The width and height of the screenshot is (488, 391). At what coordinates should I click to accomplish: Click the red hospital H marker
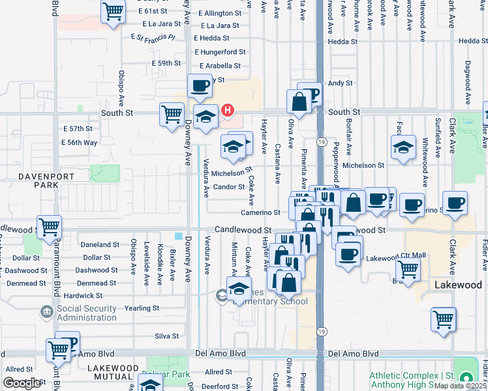227,110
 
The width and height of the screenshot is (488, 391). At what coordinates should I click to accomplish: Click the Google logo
21,383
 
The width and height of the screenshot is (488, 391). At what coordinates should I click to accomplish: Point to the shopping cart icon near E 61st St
113,11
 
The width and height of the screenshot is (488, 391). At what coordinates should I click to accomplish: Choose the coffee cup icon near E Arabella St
200,85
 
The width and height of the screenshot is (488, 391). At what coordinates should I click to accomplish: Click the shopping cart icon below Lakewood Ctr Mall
408,267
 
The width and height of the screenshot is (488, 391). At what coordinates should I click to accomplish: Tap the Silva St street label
166,336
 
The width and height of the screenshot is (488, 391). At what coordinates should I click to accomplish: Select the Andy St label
340,83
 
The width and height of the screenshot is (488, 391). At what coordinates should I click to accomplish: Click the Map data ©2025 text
461,386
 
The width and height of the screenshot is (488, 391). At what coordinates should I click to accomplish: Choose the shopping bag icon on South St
299,102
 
